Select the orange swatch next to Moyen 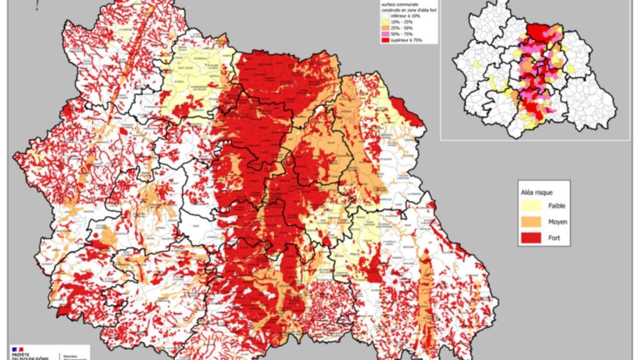[529, 221]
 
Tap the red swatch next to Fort [529, 237]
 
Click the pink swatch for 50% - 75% [386, 34]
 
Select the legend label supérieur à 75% [407, 39]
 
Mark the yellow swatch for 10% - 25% [386, 22]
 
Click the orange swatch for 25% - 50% [386, 28]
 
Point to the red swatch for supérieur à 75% [386, 39]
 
